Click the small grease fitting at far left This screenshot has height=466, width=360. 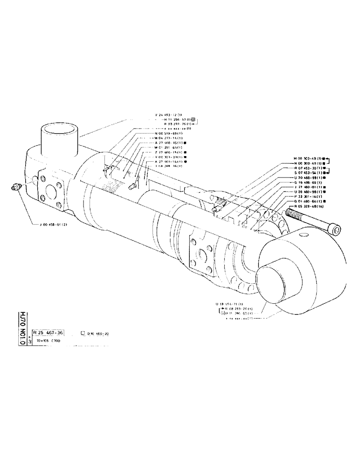pyautogui.click(x=16, y=187)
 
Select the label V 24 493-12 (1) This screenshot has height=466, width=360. pyautogui.click(x=168, y=115)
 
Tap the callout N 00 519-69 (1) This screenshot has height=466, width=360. pyautogui.click(x=168, y=133)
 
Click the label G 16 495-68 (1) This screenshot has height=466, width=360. pyautogui.click(x=310, y=182)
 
